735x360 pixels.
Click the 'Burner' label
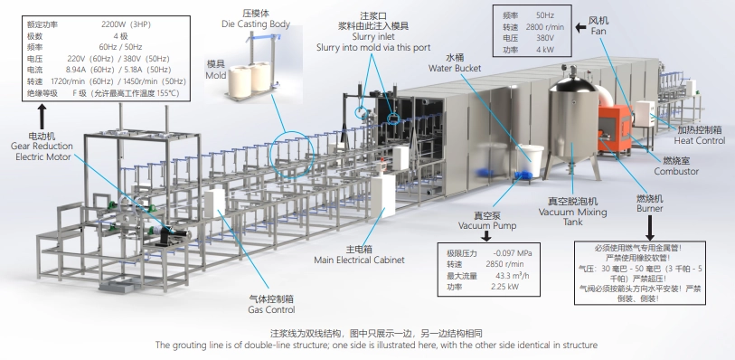tap(649, 207)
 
